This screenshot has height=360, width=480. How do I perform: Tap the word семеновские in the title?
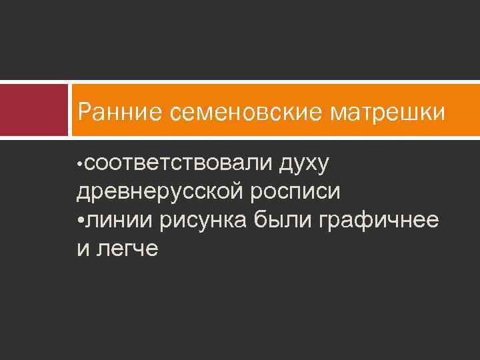tap(246, 112)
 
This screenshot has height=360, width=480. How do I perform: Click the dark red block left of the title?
tap(34, 111)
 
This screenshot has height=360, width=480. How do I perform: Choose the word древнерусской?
tap(160, 192)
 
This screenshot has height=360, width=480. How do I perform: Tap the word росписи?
tap(295, 192)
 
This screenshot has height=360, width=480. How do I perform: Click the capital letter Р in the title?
tap(85, 112)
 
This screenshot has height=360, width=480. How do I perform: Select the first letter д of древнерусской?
tap(83, 193)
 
